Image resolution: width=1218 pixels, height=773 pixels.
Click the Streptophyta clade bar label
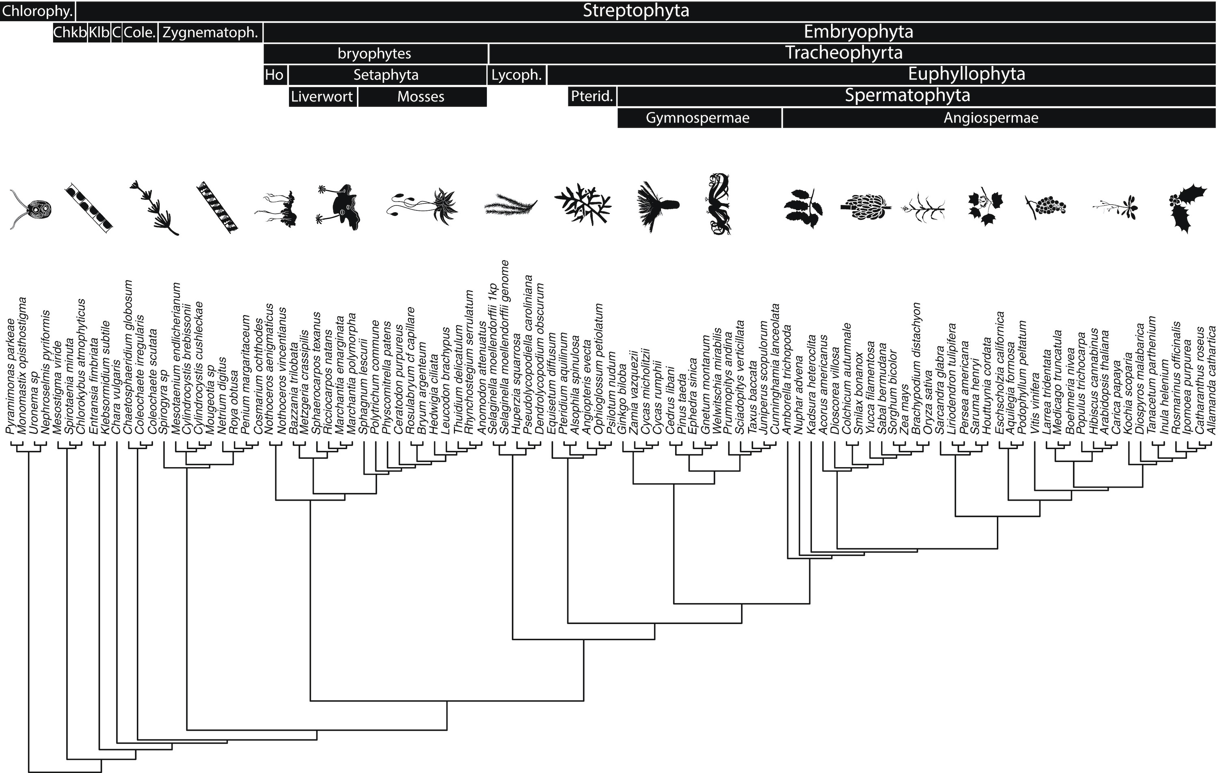click(x=636, y=11)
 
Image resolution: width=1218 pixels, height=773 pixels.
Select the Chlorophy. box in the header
click(x=37, y=11)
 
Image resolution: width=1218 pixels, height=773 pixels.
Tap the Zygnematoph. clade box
click(x=210, y=33)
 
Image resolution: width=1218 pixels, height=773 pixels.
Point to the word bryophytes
click(x=374, y=54)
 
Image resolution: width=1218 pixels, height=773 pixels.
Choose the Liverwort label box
click(x=322, y=97)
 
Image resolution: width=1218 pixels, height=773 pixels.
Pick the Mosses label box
click(x=421, y=97)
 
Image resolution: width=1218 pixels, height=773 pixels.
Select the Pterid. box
click(x=592, y=97)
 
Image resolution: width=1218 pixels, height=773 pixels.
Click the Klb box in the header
click(x=99, y=33)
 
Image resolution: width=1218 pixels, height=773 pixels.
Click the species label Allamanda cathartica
click(x=1212, y=387)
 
